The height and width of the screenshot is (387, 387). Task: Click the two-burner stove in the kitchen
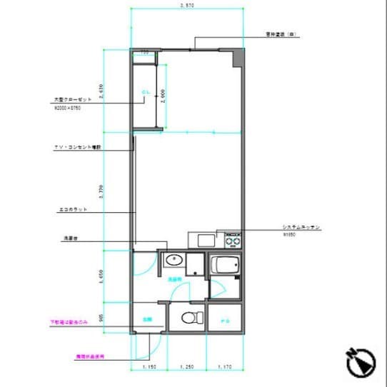pyautogui.click(x=233, y=239)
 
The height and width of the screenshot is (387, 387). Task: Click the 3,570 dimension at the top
pyautogui.click(x=188, y=6)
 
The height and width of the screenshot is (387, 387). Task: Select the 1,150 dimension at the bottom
pyautogui.click(x=149, y=367)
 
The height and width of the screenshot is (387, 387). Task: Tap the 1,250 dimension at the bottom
pyautogui.click(x=187, y=367)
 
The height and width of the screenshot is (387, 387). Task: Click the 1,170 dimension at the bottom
pyautogui.click(x=225, y=367)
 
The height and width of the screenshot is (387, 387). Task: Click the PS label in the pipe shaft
pyautogui.click(x=224, y=319)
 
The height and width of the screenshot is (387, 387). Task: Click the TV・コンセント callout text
pyautogui.click(x=78, y=147)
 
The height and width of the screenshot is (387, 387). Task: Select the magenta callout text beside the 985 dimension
pyautogui.click(x=68, y=323)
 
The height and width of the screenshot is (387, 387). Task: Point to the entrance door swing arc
pyautogui.click(x=143, y=349)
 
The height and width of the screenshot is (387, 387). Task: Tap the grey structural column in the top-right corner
pyautogui.click(x=236, y=56)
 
